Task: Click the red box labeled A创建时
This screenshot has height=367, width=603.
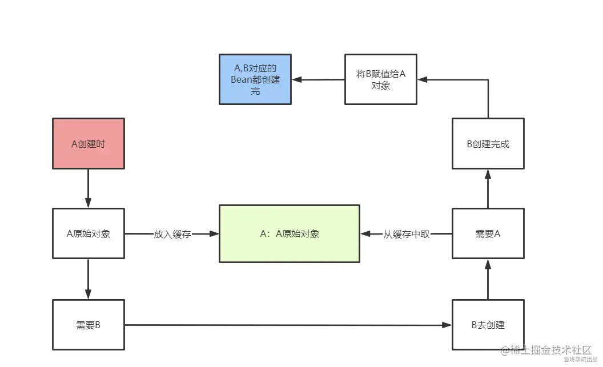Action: point(89,144)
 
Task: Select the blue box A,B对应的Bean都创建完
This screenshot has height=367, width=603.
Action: point(255,79)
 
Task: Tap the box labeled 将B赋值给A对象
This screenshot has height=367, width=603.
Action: point(380,79)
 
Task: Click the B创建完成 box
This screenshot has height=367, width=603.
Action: point(488,144)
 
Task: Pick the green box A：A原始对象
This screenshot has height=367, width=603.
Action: point(290,233)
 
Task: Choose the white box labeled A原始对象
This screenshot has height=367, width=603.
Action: point(89,233)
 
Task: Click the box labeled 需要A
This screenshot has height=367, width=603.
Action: point(488,233)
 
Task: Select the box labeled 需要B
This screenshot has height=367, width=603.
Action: point(89,325)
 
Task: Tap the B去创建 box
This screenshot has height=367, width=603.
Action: point(488,325)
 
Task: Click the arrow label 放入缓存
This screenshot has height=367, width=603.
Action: point(172,234)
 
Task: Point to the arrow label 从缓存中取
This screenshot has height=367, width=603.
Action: point(406,234)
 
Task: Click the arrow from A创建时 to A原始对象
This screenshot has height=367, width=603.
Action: point(89,188)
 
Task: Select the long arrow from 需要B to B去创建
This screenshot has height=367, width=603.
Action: point(286,325)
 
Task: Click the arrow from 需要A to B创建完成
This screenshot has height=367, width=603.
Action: point(488,189)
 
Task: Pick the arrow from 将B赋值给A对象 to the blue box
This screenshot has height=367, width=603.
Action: point(318,79)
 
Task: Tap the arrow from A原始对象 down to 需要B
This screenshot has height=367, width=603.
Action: point(89,280)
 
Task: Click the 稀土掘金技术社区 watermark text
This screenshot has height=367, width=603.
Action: point(550,350)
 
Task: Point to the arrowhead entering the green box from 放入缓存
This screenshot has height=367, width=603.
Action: point(215,233)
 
